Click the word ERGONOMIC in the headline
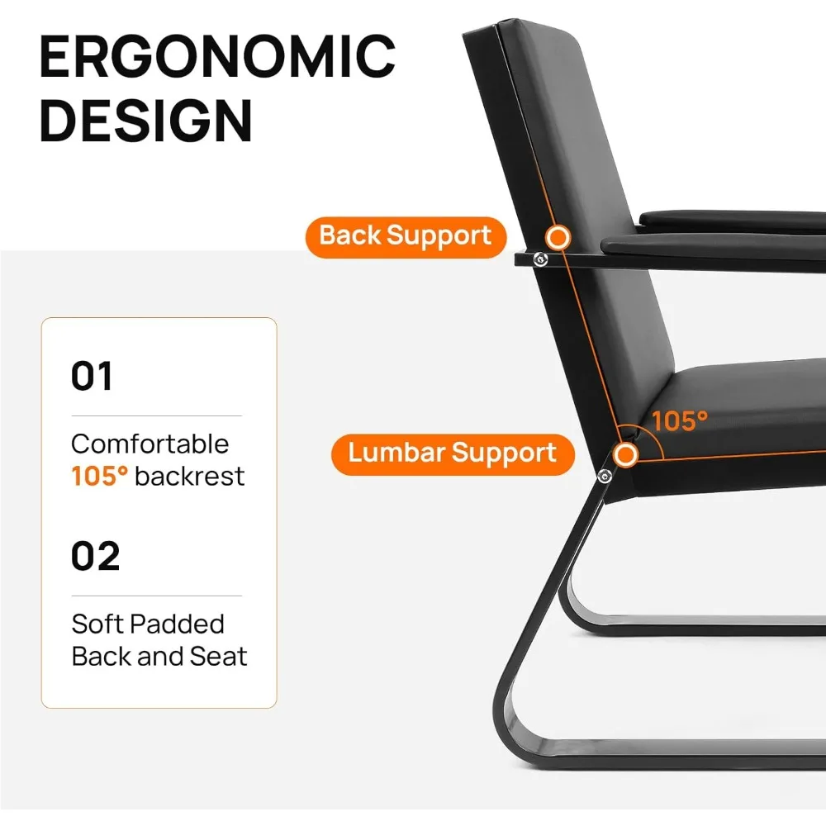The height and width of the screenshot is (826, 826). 217,56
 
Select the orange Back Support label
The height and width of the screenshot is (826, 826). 406,237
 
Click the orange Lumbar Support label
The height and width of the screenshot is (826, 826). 453,454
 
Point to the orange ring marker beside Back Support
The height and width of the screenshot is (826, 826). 558,238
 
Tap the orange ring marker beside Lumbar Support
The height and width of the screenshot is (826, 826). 626,454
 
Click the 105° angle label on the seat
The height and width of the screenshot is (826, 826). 680,421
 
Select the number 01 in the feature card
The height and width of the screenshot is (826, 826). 92,376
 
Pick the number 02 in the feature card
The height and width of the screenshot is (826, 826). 95,556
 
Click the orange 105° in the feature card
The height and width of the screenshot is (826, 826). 100,477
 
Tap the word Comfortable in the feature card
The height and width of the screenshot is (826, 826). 150,444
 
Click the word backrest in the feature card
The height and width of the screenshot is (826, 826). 190,477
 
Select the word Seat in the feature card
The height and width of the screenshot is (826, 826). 218,657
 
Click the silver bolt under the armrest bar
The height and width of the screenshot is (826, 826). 540,259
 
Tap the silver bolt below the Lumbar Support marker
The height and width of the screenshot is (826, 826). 605,477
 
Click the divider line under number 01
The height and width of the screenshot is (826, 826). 156,415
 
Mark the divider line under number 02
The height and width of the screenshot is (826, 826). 156,596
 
